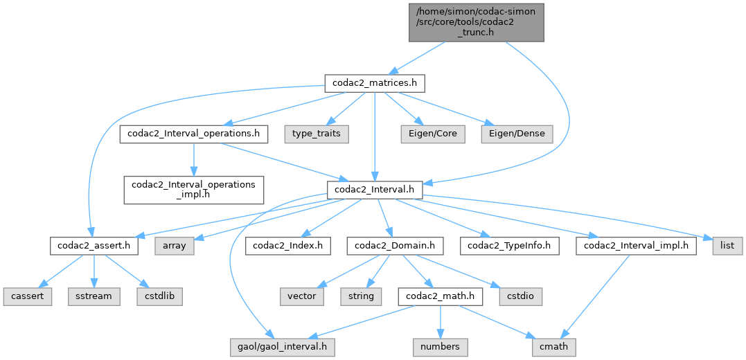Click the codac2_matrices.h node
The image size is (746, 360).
click(374, 84)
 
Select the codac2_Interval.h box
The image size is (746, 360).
click(375, 189)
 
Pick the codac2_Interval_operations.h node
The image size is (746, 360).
click(194, 134)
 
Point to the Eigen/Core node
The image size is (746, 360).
click(434, 134)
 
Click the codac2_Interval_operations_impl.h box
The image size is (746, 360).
click(194, 189)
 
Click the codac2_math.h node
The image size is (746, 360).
click(439, 296)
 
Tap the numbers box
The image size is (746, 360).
click(441, 344)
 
